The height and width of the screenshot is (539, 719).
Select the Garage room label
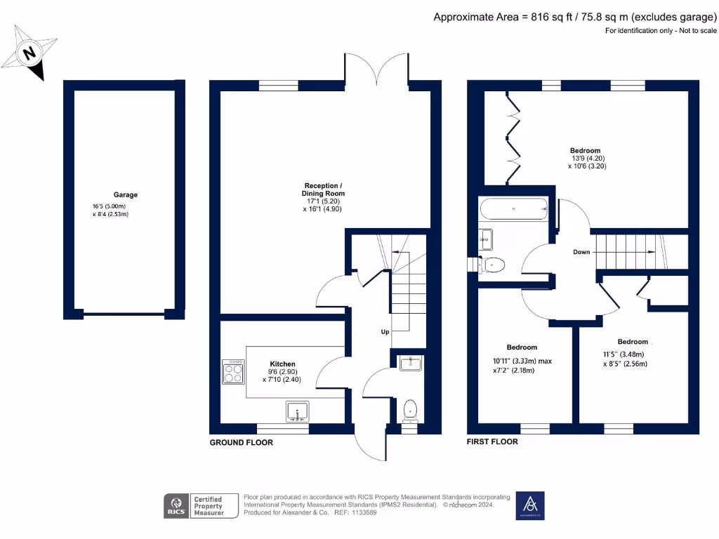click(126, 194)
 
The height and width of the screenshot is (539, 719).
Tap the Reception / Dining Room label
click(323, 189)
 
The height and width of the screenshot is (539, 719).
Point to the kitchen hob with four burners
click(233, 372)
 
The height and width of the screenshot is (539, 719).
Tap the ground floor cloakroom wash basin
click(409, 363)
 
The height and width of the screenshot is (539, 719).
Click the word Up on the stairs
click(385, 332)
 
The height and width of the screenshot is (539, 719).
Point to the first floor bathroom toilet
click(494, 265)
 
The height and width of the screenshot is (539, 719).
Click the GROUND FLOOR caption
click(241, 443)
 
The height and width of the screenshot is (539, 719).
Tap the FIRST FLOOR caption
click(492, 442)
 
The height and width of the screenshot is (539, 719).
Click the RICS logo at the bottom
click(174, 505)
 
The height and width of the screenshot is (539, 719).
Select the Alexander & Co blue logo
click(530, 505)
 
